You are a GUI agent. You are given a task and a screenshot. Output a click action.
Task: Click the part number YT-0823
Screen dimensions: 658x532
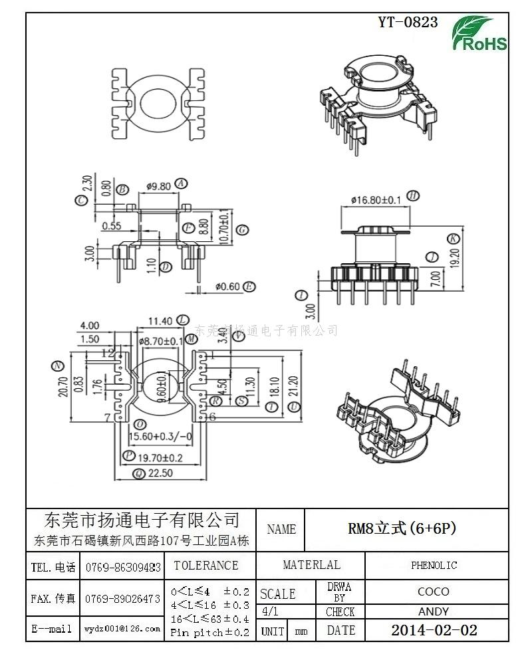[408, 22]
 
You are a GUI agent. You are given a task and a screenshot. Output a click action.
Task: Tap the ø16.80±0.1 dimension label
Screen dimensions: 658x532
[376, 200]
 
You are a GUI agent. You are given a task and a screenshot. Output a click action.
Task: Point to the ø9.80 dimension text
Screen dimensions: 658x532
[158, 185]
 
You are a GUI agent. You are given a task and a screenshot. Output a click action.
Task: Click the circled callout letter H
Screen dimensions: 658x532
[413, 195]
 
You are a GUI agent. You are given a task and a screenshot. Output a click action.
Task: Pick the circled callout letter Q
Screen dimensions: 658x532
[138, 474]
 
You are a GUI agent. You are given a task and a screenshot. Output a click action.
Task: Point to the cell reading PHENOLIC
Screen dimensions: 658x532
[434, 565]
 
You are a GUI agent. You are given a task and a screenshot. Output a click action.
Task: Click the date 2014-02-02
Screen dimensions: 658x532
[434, 630]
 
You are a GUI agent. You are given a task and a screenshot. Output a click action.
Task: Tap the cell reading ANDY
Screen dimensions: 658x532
[434, 611]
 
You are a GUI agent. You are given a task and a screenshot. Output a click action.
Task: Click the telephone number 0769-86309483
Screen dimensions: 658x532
[123, 567]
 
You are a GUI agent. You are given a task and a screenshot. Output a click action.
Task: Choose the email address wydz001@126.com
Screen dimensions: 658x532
[122, 628]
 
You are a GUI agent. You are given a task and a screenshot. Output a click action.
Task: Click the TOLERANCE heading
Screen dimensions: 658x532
[206, 566]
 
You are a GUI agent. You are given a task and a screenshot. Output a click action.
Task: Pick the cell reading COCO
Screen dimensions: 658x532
[434, 591]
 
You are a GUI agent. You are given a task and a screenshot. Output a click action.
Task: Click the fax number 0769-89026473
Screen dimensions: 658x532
[123, 598]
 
